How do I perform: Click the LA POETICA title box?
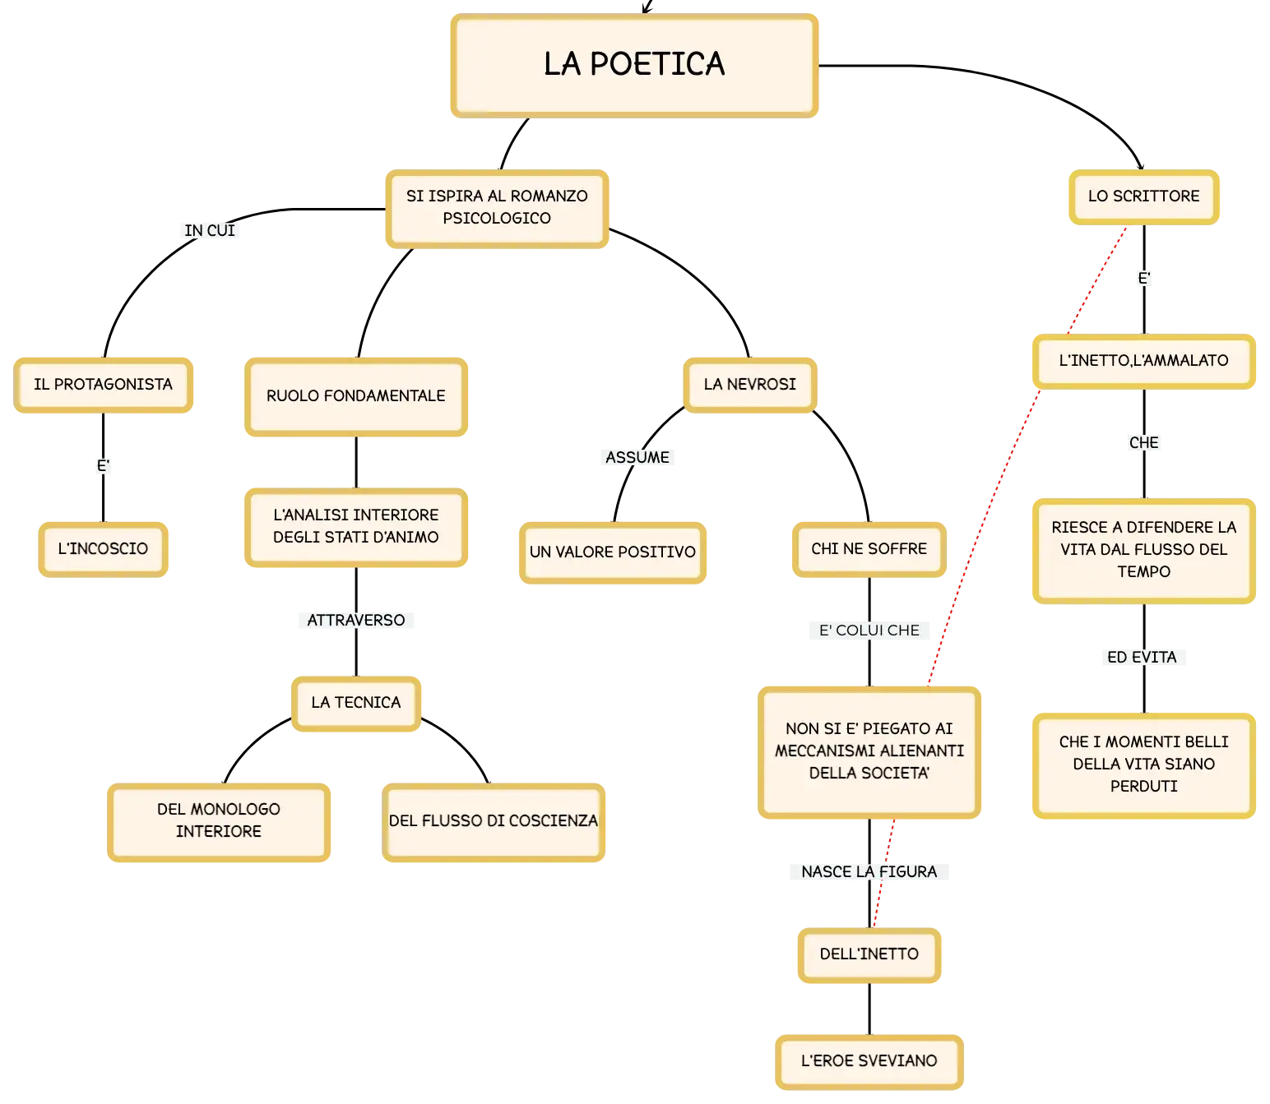point(633,65)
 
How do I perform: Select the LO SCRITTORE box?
point(1143,196)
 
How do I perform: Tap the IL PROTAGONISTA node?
point(103,385)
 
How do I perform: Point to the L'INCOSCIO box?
point(103,549)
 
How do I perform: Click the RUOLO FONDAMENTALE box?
point(355,396)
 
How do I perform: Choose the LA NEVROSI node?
point(750,385)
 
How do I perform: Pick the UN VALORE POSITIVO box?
point(612,552)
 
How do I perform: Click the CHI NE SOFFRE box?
point(869,549)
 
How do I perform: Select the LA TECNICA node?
point(355,703)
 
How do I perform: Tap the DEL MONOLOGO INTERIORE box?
point(219,821)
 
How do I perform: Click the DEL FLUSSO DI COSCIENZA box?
point(493,821)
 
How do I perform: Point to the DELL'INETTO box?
point(869,954)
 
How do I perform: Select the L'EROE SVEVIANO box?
point(869,1061)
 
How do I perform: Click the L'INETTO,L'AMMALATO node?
point(1143,361)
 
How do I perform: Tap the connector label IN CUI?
point(210,231)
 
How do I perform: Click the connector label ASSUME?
point(637,458)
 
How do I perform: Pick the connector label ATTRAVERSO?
point(355,620)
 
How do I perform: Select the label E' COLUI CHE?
point(869,631)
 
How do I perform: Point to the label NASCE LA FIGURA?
point(869,871)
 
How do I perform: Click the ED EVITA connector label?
point(1143,657)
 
